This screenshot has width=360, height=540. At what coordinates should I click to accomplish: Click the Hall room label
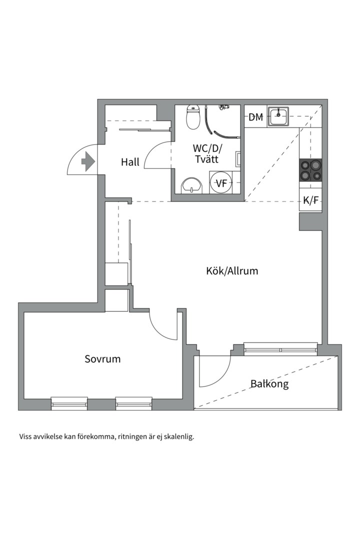click(130, 162)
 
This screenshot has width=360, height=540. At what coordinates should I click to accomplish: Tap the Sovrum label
click(102, 359)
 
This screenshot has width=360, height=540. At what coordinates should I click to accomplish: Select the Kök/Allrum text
click(232, 271)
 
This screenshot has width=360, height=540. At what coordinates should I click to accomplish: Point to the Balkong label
click(269, 384)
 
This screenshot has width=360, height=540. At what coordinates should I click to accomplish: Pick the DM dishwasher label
click(256, 117)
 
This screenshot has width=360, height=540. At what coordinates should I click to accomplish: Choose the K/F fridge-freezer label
click(310, 200)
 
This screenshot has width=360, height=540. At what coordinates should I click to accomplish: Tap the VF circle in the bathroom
click(221, 183)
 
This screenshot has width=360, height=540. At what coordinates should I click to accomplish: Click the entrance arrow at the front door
click(87, 161)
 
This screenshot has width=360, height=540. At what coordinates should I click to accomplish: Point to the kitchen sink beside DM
click(278, 117)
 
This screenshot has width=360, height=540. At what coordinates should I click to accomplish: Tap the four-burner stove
click(310, 170)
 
